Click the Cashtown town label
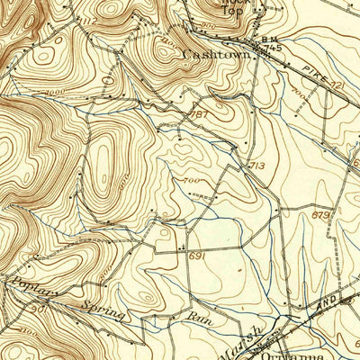[x=216, y=54]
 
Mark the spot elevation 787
[x=200, y=115]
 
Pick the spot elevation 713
[x=256, y=166]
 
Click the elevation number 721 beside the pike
[x=337, y=85]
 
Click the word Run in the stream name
[x=194, y=317]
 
